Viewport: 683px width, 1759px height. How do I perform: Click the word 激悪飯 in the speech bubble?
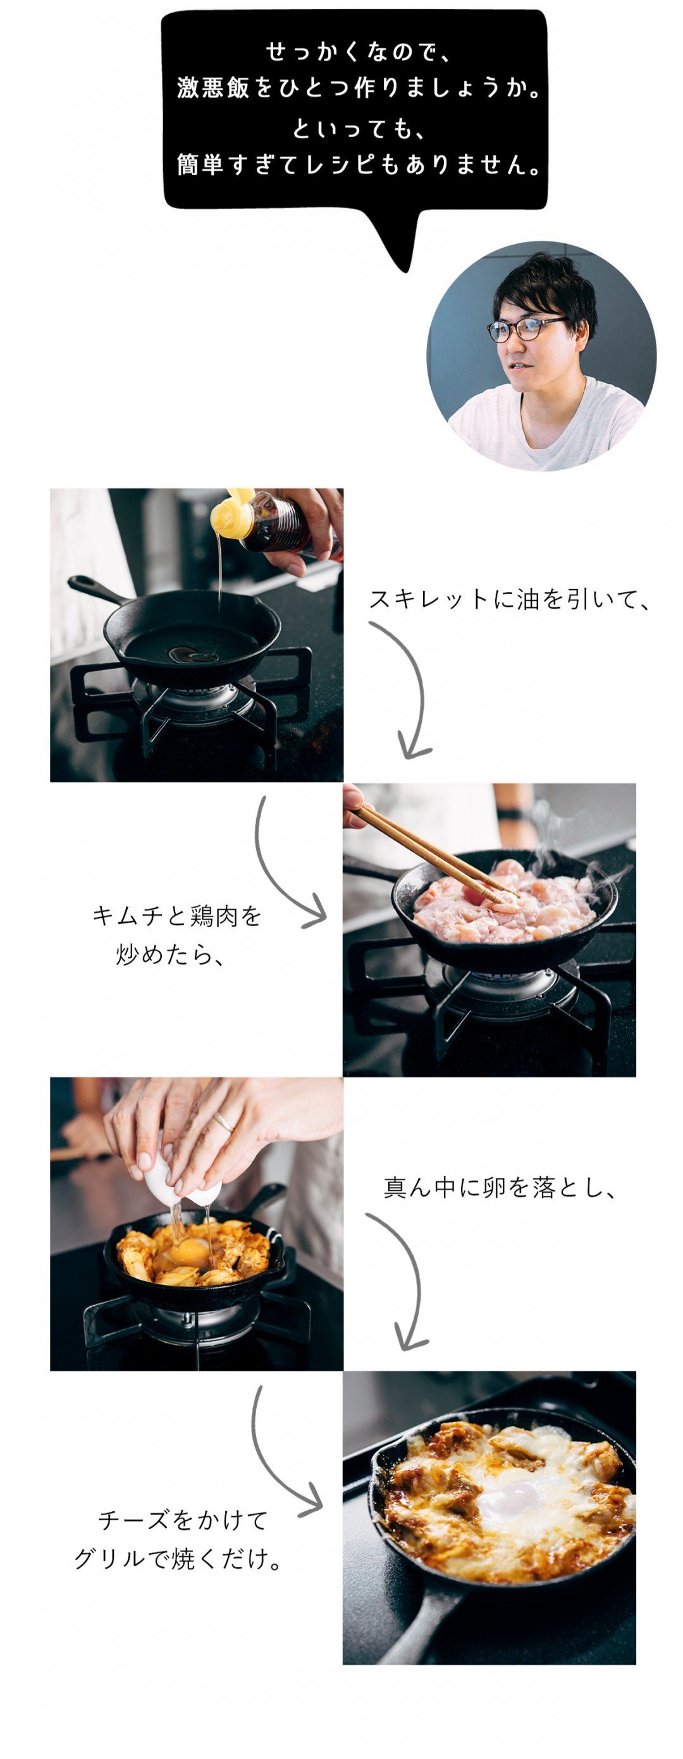coord(212,88)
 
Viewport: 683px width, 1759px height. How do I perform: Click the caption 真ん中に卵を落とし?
coord(498,1188)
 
